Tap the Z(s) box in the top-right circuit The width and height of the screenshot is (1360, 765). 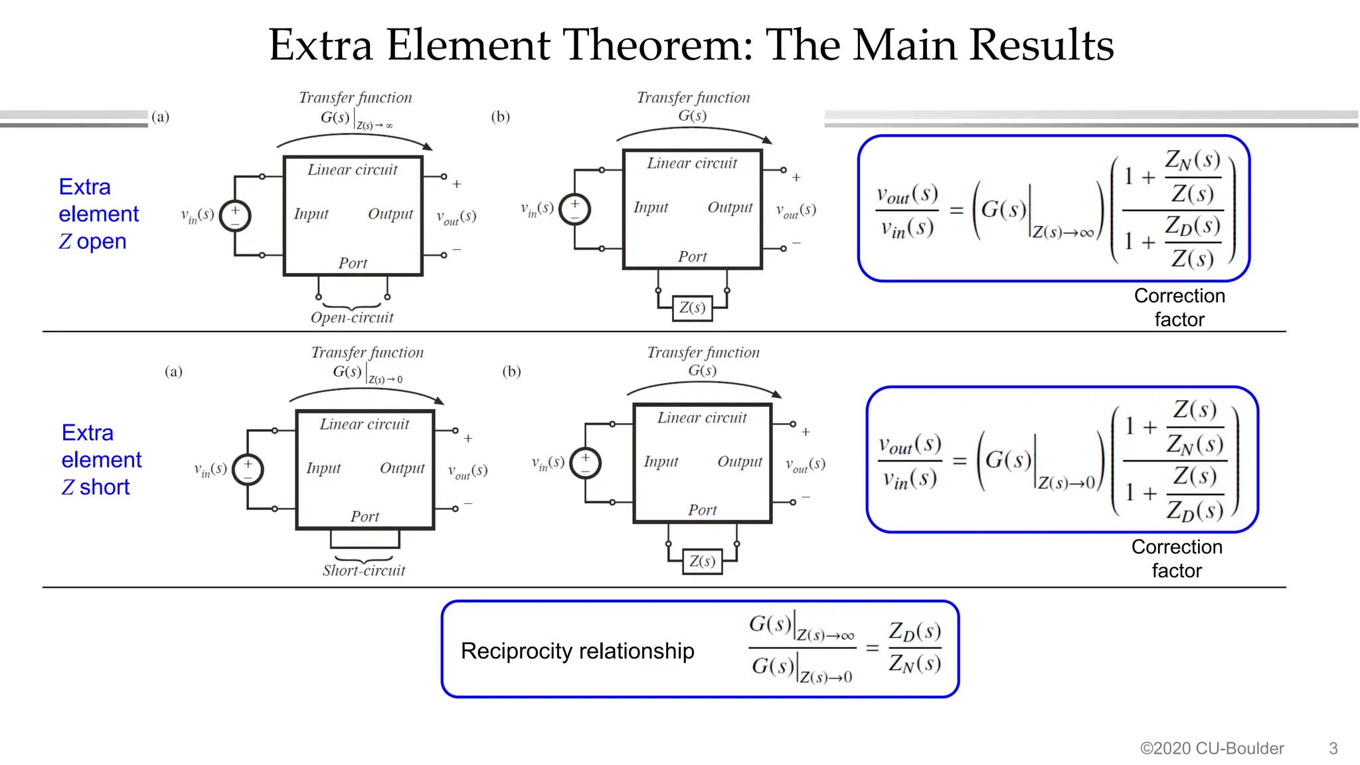[x=692, y=308]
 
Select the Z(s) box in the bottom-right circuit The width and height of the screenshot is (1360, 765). [x=702, y=562]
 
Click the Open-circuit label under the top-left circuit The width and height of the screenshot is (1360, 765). [x=352, y=317]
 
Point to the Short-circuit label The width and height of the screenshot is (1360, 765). [x=364, y=570]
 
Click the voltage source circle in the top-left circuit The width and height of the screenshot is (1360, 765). [x=235, y=216]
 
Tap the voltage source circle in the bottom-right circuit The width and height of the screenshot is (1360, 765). [x=586, y=463]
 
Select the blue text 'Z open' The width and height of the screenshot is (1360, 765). [x=92, y=241]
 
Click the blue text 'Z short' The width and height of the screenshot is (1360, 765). [x=96, y=487]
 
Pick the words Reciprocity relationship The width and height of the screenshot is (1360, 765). [x=577, y=651]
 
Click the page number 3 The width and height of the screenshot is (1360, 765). [x=1333, y=748]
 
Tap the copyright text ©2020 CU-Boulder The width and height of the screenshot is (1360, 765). [x=1212, y=748]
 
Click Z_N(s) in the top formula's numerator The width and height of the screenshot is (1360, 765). [x=1193, y=161]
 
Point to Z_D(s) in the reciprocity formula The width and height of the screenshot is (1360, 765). [x=914, y=632]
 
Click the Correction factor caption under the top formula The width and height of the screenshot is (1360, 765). [x=1179, y=307]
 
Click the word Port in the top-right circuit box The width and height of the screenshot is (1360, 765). [x=692, y=257]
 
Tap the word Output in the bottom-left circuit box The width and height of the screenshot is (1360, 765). [x=402, y=468]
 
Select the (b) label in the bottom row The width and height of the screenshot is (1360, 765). [x=511, y=371]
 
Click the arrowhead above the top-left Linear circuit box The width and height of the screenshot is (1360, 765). [x=428, y=147]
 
